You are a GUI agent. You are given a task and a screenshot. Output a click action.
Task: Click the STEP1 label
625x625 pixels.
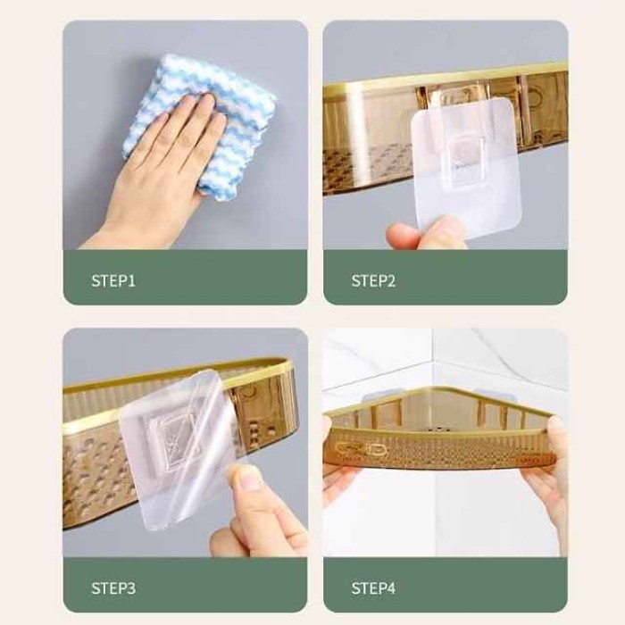coord(113,281)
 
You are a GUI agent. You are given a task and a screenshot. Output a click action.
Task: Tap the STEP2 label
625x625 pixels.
coord(373,281)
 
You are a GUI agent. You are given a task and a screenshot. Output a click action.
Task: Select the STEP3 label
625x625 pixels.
coord(113,588)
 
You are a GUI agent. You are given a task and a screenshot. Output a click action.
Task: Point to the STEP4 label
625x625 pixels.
coord(373,588)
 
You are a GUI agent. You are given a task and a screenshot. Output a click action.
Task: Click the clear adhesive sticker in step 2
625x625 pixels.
coord(466,168)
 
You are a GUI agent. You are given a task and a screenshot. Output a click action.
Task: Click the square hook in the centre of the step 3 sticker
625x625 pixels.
coord(171,440)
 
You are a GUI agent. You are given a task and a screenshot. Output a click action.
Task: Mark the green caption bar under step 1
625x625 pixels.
coord(186,278)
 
